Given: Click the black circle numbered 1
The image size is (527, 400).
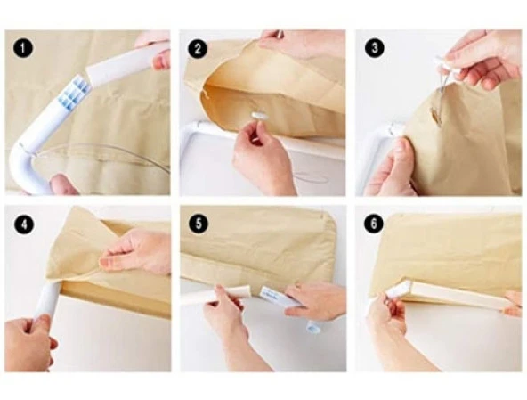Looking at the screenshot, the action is [23, 48].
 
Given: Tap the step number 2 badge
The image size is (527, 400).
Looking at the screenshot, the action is [198, 49].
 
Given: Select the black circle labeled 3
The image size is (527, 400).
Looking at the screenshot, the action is [375, 48].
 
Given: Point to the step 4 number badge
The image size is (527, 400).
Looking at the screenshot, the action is [24, 224].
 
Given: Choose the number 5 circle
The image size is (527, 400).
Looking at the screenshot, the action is [199, 224].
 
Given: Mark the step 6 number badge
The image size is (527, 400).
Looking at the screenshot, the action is [374, 224].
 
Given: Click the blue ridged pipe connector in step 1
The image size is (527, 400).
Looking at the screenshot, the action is [75, 93].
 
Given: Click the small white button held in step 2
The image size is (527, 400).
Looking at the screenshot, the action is [259, 116].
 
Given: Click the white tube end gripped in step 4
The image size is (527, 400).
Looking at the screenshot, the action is [48, 300].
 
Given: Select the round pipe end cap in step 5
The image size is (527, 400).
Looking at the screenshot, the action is [312, 326].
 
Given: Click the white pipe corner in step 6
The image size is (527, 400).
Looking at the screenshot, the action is [400, 290].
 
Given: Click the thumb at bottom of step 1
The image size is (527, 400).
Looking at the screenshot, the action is [64, 184].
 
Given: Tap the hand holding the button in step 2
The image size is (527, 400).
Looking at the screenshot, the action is [263, 158].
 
